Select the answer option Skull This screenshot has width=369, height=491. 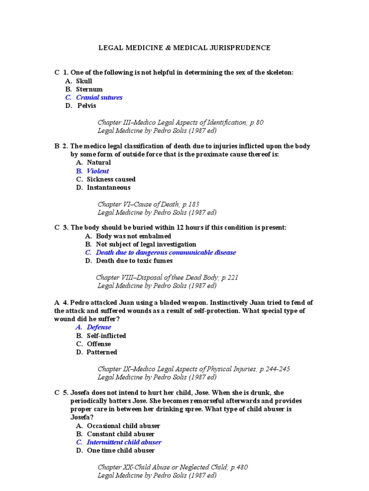[x=84, y=81]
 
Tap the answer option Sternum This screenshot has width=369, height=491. [x=89, y=89]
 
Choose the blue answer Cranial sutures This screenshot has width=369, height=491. [x=99, y=97]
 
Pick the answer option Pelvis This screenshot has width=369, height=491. [x=87, y=105]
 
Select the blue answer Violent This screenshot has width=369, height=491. [x=98, y=171]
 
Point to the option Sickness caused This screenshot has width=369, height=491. [x=111, y=179]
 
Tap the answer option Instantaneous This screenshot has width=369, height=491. [x=109, y=187]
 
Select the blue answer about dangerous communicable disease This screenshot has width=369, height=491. [x=166, y=252]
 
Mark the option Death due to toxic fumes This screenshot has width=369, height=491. [x=134, y=261]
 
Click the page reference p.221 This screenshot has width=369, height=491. [x=228, y=277]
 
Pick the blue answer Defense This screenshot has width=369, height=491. [x=98, y=327]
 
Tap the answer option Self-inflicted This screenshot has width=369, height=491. [x=106, y=336]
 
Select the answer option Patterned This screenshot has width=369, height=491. [x=102, y=352]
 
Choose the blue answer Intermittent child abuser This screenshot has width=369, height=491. [x=124, y=442]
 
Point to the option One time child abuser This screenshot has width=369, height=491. [x=121, y=450]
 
